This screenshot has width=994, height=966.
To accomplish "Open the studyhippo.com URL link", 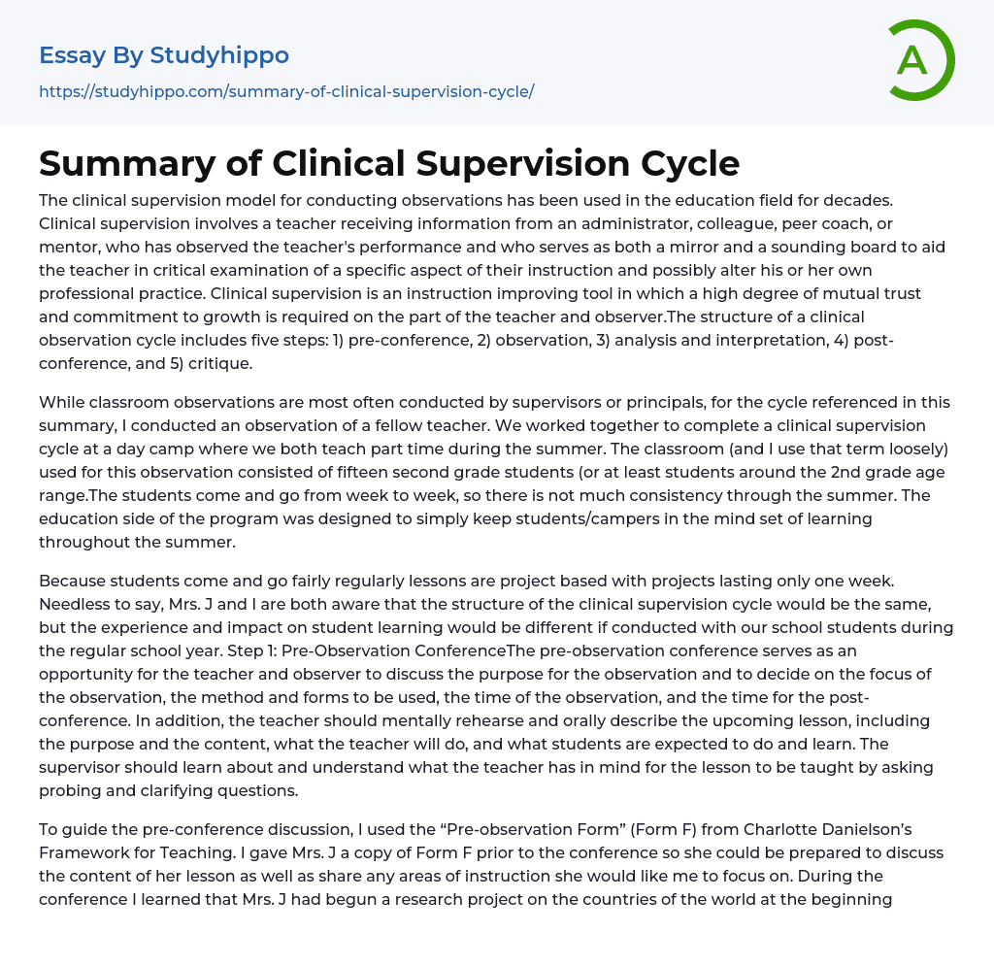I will [286, 91].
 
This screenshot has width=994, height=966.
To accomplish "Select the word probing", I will [70, 790].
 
